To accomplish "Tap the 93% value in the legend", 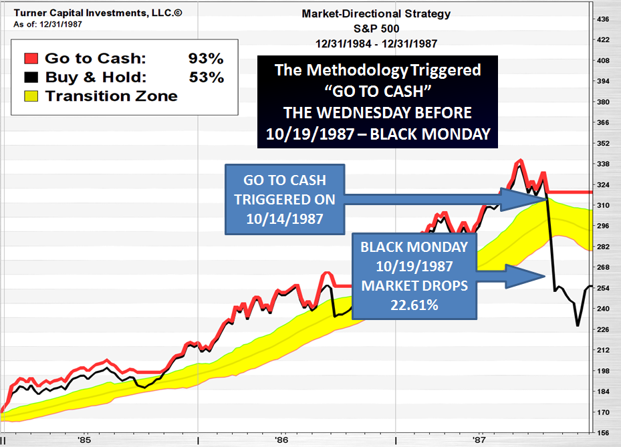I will click(x=206, y=59).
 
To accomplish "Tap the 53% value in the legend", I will click(x=206, y=78).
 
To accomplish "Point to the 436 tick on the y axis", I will click(x=602, y=19).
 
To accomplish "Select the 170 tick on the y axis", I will click(x=602, y=412).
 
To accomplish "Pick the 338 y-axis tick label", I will click(x=602, y=164).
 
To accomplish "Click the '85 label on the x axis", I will click(x=84, y=440).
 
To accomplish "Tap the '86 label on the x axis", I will click(x=281, y=440).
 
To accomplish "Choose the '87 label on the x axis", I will click(x=479, y=440).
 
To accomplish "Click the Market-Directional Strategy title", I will click(x=376, y=13).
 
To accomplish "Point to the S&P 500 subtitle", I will click(x=376, y=29).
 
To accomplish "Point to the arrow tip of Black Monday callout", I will click(x=545, y=275).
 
